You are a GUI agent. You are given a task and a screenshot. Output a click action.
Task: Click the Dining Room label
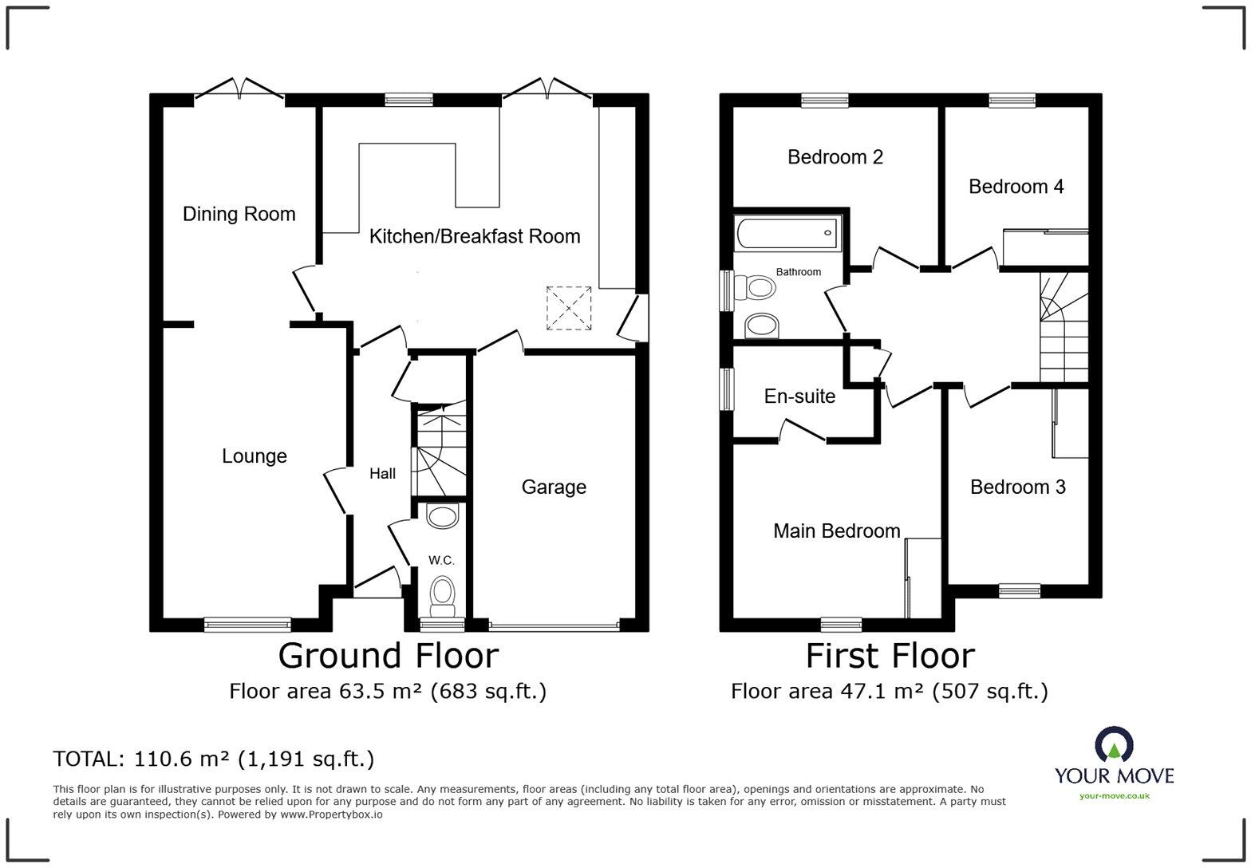[239, 214]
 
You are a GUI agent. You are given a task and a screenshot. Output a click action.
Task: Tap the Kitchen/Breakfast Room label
[475, 236]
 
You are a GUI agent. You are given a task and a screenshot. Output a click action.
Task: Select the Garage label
[554, 487]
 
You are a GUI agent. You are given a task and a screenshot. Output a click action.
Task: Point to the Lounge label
[254, 456]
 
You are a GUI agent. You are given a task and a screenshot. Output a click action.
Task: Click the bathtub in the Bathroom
[787, 234]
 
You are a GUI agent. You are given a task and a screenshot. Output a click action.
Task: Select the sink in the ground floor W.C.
[442, 515]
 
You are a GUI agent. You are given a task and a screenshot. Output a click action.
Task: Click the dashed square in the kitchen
[569, 308]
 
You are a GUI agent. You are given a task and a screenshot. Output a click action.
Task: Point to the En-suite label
[799, 396]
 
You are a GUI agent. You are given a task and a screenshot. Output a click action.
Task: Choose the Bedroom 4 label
[1016, 187]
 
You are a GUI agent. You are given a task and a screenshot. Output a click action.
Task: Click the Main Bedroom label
[837, 531]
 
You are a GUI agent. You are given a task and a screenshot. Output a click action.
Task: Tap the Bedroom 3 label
[1017, 487]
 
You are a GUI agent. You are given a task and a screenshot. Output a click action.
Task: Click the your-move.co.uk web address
[1114, 796]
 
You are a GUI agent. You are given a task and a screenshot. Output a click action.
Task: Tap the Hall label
[383, 474]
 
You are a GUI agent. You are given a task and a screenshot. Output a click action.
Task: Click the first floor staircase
[1064, 327]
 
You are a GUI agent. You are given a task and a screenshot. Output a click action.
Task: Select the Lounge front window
[247, 625]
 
